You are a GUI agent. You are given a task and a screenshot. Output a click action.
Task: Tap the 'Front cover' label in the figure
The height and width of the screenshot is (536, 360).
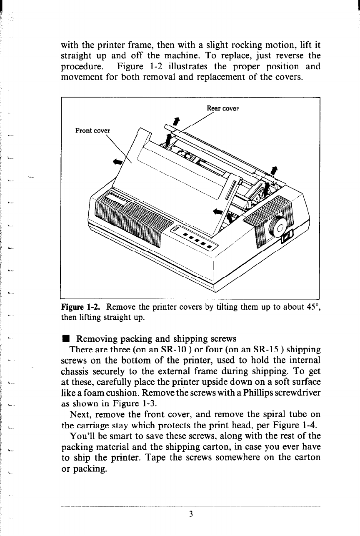[92, 130]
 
